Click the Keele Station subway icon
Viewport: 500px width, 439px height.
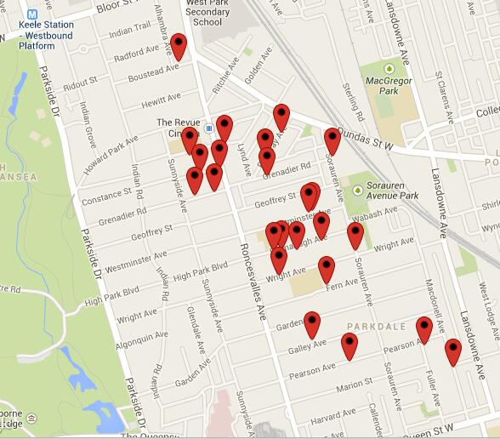point(33,14)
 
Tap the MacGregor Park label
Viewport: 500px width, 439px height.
point(389,87)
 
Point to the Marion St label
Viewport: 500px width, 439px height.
point(355,388)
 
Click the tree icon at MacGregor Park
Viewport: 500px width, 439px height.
point(389,68)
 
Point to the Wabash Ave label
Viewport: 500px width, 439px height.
point(377,214)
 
